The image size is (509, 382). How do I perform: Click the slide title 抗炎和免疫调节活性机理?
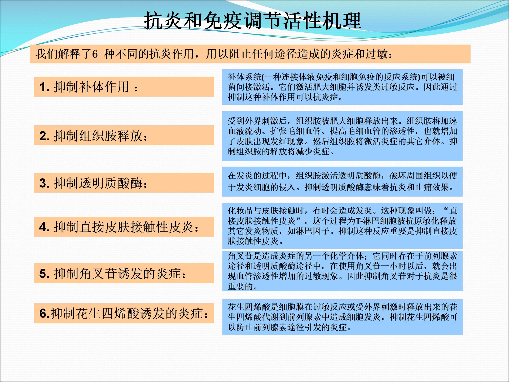tap(253, 20)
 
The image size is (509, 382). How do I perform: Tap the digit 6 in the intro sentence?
tap(95, 54)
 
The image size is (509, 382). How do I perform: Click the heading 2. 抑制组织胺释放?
tap(93, 136)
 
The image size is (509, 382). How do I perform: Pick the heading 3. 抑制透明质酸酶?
tap(93, 183)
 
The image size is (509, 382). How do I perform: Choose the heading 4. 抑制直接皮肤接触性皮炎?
tap(119, 227)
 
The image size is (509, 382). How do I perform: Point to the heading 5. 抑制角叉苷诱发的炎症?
tap(113, 274)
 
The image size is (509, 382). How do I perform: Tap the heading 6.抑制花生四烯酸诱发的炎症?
tap(124, 314)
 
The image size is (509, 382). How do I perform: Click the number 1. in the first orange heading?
tap(45, 87)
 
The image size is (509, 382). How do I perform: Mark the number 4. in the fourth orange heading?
tap(45, 227)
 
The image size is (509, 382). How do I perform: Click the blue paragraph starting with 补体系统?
tap(343, 87)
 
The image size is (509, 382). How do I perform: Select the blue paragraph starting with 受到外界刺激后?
tap(343, 136)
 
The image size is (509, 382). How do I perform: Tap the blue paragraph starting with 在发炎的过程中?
tap(343, 181)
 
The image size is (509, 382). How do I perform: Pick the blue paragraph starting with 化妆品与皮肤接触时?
tap(343, 226)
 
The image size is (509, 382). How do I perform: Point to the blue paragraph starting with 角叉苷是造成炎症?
tap(343, 271)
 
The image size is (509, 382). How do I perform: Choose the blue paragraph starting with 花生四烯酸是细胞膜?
tap(343, 317)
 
